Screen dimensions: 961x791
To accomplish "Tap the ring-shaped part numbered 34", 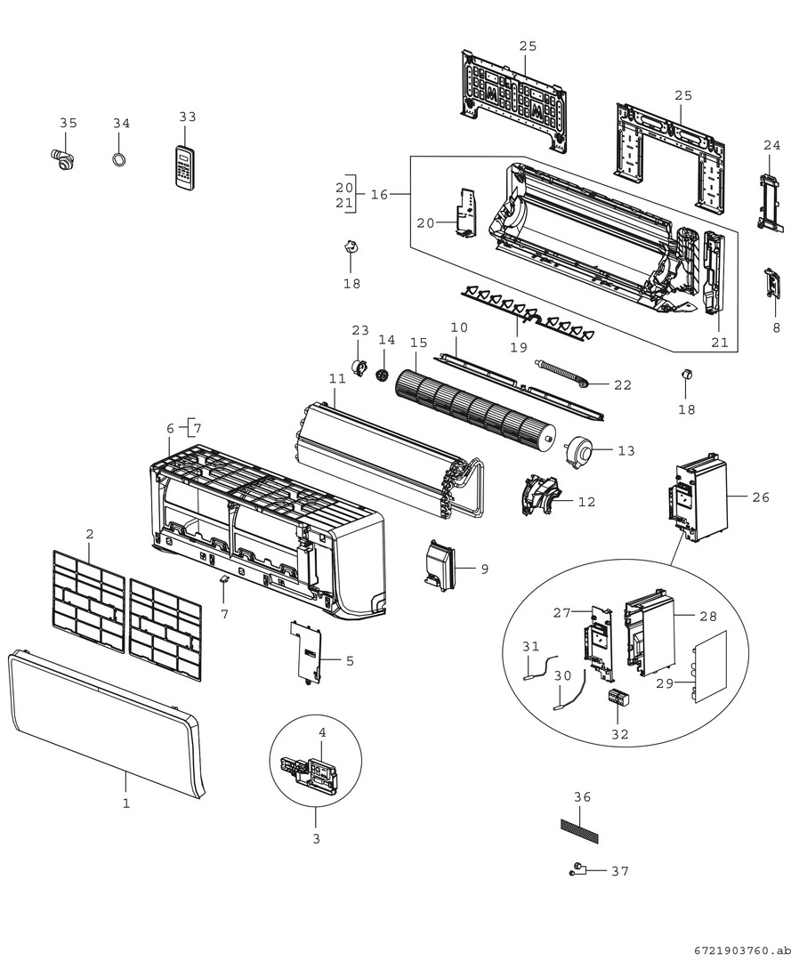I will pyautogui.click(x=119, y=159).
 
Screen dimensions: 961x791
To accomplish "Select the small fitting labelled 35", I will pyautogui.click(x=62, y=159).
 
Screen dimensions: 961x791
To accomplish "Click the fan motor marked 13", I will pyautogui.click(x=577, y=451).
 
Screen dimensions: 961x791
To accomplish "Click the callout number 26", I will pyautogui.click(x=761, y=497).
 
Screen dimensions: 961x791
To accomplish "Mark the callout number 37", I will pyautogui.click(x=620, y=871).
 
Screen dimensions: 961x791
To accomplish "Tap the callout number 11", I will pyautogui.click(x=336, y=379).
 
